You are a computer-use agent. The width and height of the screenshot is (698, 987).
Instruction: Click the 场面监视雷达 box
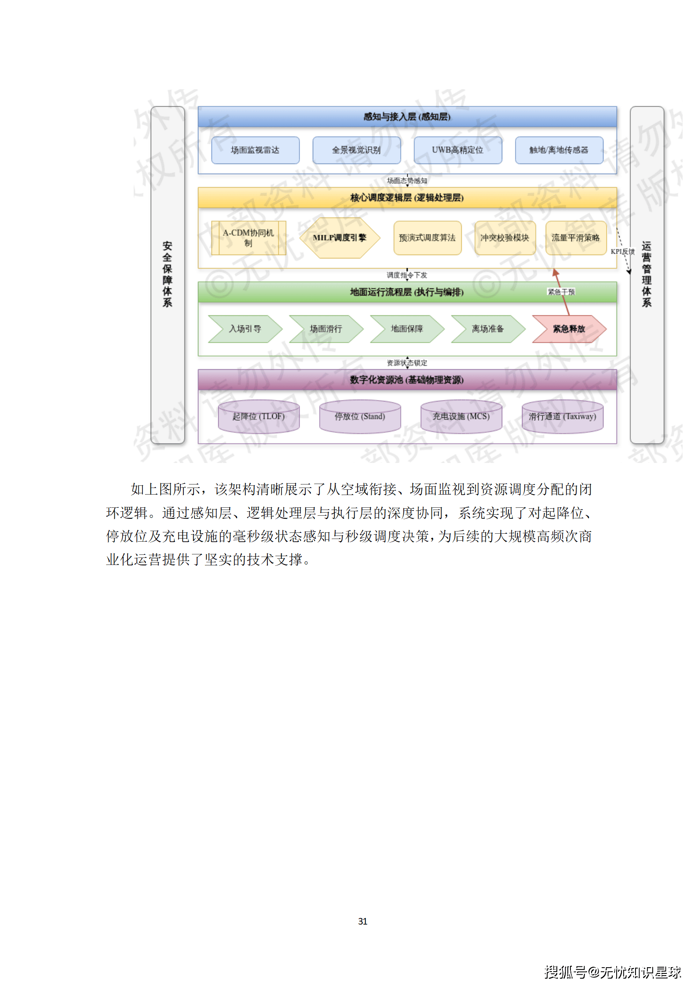pos(255,150)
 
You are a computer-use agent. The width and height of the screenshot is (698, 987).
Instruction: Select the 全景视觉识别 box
pos(356,150)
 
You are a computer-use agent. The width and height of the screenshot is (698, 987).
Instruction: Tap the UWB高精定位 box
pos(457,150)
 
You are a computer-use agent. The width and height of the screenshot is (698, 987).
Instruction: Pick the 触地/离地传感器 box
pos(559,150)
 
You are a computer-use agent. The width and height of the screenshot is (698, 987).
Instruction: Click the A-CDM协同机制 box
pos(249,238)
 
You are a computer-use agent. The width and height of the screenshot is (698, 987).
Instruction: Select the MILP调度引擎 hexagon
pos(339,238)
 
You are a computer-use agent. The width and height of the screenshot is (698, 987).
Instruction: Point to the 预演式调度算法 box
pos(427,238)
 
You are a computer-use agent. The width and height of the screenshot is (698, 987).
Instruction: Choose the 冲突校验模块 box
pos(505,238)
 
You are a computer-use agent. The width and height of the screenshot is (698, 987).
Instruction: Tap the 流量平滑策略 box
pos(576,238)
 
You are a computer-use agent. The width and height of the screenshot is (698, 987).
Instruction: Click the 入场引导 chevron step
pos(245,329)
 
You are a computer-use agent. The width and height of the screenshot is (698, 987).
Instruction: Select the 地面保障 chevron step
pos(407,329)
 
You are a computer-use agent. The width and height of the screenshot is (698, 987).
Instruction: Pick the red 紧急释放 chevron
pos(569,329)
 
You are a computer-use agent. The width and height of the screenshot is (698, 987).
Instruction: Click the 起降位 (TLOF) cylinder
pos(259,416)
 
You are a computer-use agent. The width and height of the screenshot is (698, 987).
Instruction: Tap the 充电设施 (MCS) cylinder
pos(461,416)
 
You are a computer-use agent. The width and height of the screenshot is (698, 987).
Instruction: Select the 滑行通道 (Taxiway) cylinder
pos(562,416)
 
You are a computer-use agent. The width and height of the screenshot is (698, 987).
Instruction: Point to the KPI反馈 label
pos(622,251)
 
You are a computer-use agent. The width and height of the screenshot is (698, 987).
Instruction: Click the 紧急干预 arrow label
pos(561,292)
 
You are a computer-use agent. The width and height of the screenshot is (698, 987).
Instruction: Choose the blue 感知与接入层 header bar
pos(407,117)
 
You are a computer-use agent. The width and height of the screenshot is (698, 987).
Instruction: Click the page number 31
pos(362,921)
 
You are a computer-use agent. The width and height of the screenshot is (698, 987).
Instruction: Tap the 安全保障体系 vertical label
pos(167,274)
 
